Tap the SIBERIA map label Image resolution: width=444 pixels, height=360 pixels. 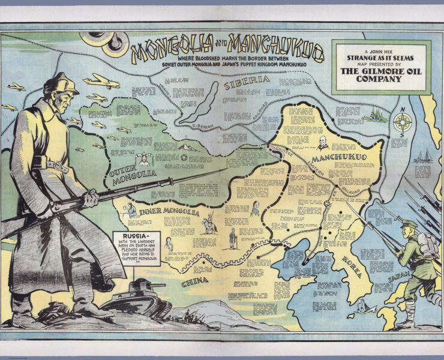click(x=247, y=83)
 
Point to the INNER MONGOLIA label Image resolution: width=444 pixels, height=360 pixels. click(x=169, y=212)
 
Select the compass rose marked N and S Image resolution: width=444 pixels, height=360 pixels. click(x=402, y=122)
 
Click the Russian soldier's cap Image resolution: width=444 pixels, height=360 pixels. click(x=62, y=84)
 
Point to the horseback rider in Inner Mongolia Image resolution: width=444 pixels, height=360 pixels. click(x=209, y=224)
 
